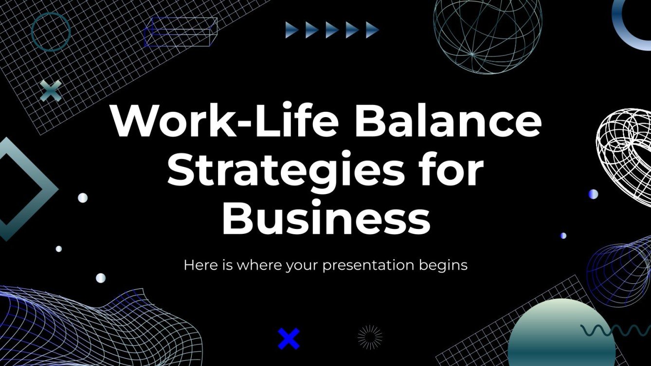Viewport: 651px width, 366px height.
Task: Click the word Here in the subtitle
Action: [x=198, y=265]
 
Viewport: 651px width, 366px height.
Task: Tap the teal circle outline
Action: [x=51, y=32]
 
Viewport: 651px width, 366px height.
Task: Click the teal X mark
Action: [x=51, y=91]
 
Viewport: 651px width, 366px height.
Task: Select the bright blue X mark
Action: [x=289, y=339]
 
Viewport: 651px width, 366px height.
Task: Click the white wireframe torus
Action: [x=624, y=141]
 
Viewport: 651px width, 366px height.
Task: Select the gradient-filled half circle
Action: [x=561, y=335]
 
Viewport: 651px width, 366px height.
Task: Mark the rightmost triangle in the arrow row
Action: [x=372, y=30]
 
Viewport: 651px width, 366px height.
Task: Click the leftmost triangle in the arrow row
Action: [x=292, y=30]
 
